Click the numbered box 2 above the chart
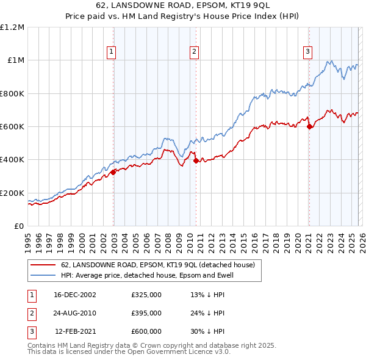(x=194, y=52)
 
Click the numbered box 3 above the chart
(x=308, y=52)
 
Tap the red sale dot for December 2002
(x=113, y=173)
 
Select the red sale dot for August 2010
(x=196, y=161)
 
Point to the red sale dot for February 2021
(x=309, y=127)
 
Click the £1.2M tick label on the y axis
(x=12, y=27)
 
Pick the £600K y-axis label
(x=12, y=127)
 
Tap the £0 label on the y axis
(x=20, y=226)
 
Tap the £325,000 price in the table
(x=146, y=295)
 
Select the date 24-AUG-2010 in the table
(x=75, y=313)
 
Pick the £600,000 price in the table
(x=146, y=331)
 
